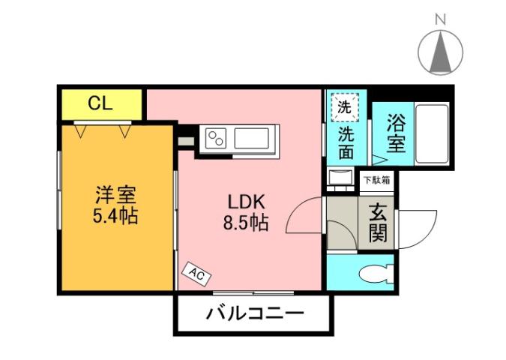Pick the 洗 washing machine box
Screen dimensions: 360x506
pyautogui.click(x=343, y=106)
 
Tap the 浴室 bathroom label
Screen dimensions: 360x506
pyautogui.click(x=396, y=133)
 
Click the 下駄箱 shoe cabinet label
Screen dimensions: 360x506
pyautogui.click(x=376, y=180)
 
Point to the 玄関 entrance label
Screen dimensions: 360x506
pyautogui.click(x=377, y=223)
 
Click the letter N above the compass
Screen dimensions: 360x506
pyautogui.click(x=441, y=18)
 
